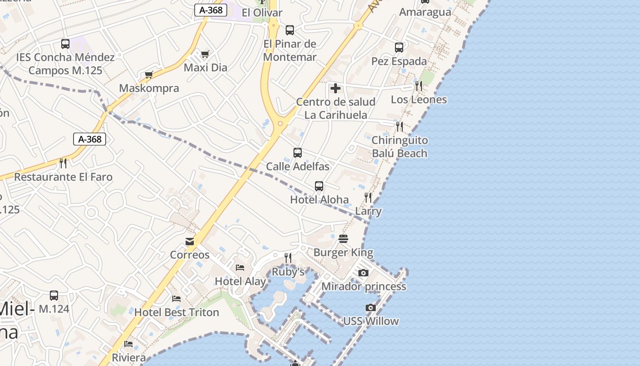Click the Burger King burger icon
343,239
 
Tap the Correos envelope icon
190,242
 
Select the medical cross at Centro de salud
336,88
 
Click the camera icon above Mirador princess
363,273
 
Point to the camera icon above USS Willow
371,308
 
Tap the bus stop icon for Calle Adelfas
298,153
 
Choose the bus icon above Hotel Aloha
319,186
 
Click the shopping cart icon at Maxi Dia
205,54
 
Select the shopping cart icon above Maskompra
149,75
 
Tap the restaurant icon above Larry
368,198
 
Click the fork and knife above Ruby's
288,258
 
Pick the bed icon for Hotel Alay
240,268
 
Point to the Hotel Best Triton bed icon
176,299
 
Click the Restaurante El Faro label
63,177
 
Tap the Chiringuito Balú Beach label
400,147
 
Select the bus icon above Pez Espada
399,47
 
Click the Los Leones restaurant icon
418,86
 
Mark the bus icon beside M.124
54,296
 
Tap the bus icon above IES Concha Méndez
65,44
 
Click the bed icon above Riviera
128,344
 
